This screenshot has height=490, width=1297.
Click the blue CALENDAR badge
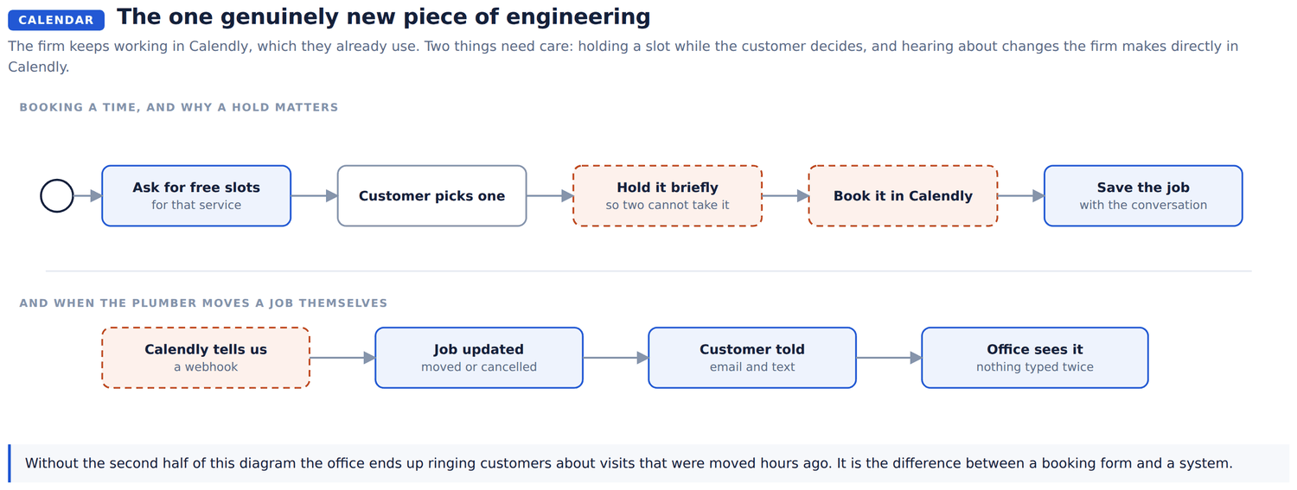56,20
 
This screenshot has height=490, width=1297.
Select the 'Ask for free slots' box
196,195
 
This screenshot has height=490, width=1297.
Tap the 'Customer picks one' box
432,195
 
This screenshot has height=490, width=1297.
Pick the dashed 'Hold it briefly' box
668,195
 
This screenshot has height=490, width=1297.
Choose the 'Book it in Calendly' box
904,195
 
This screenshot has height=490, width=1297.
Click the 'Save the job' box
1144,195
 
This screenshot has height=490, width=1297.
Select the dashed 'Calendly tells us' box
206,358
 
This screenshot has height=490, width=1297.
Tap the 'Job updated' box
479,358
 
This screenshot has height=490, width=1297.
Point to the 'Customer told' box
752,358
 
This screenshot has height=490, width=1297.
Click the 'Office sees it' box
1035,358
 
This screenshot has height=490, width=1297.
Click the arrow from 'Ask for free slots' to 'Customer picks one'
315,195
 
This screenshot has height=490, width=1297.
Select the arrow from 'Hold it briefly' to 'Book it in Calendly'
786,195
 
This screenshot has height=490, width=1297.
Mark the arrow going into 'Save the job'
1021,195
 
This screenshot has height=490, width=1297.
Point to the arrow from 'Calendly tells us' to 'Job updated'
342,358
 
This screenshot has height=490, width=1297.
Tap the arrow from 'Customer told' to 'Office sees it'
890,358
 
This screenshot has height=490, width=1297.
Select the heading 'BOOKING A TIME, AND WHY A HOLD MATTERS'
179,107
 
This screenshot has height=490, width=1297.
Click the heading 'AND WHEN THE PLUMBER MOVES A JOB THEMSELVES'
203,303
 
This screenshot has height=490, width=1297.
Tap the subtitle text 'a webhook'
206,366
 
